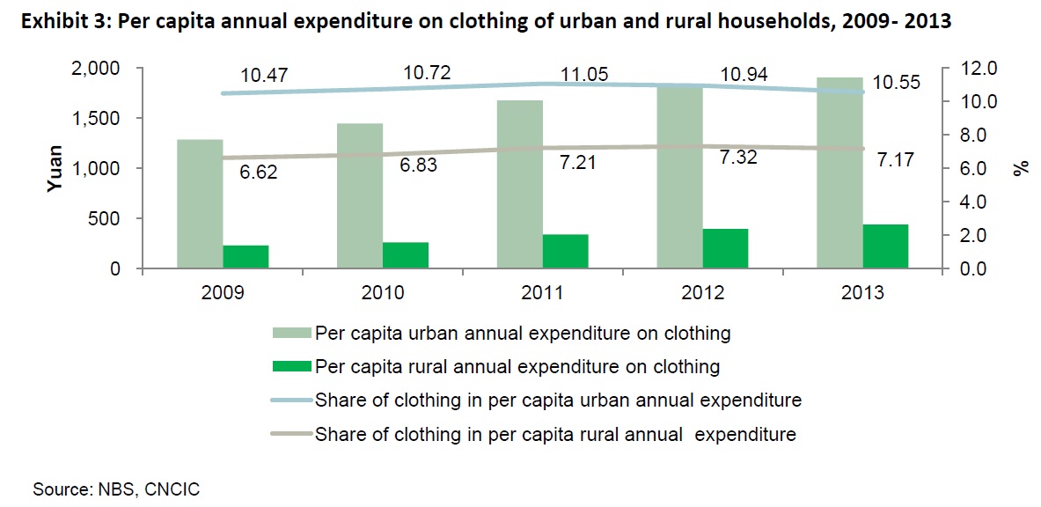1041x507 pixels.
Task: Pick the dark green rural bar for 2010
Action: point(405,254)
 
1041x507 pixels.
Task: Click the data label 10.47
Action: point(263,77)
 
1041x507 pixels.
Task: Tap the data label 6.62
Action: point(259,173)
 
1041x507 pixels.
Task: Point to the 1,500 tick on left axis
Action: point(99,119)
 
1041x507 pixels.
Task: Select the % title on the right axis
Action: point(1022,169)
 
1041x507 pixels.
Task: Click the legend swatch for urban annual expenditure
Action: point(290,333)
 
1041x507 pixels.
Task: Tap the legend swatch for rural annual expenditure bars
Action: point(290,366)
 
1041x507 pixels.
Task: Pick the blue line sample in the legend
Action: point(290,400)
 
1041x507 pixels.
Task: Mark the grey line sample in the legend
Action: point(290,434)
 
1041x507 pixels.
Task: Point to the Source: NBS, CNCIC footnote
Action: point(116,489)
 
